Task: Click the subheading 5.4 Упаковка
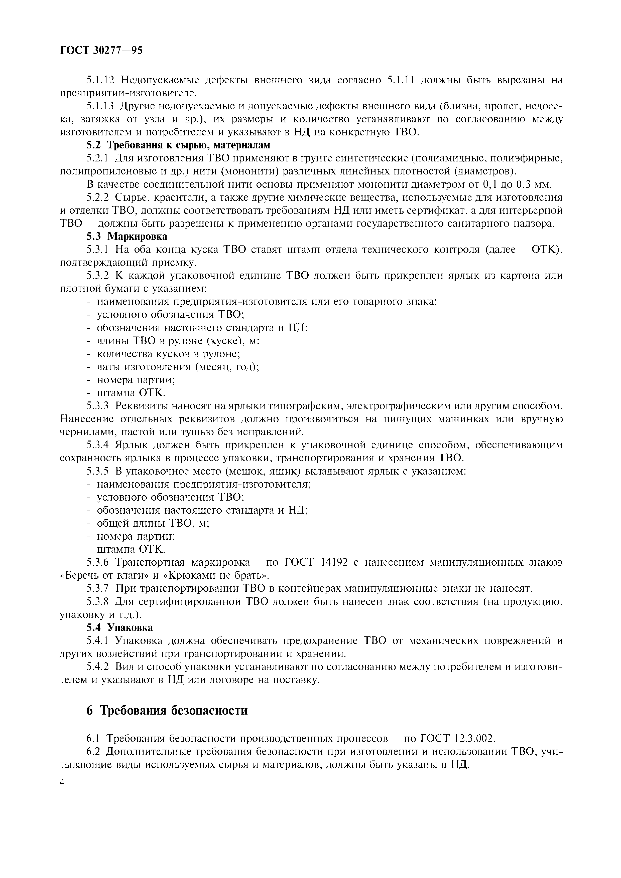(x=119, y=627)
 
